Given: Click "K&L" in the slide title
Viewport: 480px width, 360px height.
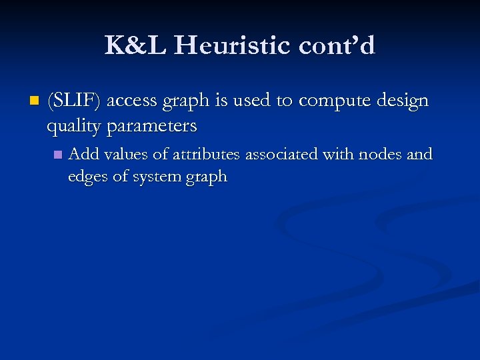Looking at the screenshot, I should (x=132, y=46).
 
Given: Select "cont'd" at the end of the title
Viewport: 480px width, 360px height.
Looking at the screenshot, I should (x=337, y=46).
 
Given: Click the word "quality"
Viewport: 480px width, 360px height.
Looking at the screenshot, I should (x=73, y=126).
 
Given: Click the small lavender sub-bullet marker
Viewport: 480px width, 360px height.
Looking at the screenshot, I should (x=57, y=155).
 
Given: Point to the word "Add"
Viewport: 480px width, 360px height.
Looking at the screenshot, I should (x=84, y=154).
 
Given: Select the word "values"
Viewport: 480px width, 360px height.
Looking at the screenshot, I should (x=125, y=155).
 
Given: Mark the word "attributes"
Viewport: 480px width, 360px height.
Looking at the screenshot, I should (x=207, y=155).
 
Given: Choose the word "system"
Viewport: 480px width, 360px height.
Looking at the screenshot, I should (x=158, y=177).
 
